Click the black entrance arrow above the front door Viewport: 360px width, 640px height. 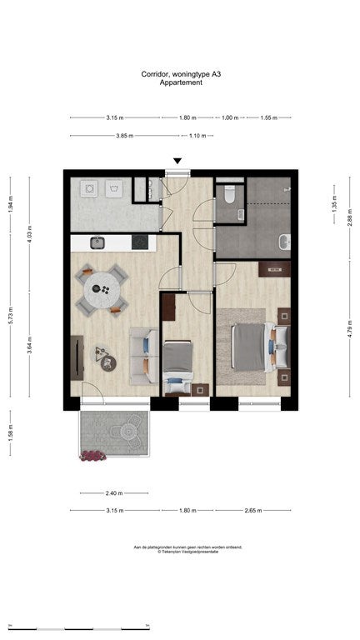[177, 162]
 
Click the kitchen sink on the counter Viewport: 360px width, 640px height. [97, 242]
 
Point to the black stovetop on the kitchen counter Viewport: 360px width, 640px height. [141, 242]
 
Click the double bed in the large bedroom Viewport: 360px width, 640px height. [253, 345]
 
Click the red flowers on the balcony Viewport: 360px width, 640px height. [92, 455]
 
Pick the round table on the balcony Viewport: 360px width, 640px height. [128, 432]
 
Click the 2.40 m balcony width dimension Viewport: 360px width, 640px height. [113, 492]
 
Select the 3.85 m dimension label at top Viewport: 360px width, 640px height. [125, 136]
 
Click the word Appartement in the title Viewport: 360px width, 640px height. [180, 82]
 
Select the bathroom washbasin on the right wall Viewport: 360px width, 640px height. [285, 242]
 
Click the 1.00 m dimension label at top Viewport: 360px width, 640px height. [229, 117]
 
